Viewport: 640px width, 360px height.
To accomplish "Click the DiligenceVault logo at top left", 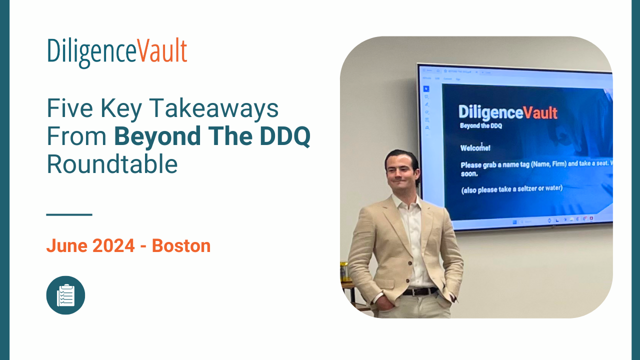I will coord(117,52).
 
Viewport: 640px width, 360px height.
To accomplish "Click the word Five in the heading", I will coord(67,107).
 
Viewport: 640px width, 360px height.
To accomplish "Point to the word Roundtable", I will coord(112,164).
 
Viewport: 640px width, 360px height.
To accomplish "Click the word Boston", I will coord(181,245).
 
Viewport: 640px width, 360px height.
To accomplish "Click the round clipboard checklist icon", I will coord(65,295).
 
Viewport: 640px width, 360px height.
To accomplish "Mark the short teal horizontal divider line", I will coord(69,214).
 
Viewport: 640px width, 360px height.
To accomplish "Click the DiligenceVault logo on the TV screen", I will coord(507,112).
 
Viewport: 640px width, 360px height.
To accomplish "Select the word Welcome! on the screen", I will coord(475,148).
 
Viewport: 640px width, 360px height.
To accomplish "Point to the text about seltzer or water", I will coord(511,188).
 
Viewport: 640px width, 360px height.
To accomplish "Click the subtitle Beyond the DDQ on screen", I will coord(481,126).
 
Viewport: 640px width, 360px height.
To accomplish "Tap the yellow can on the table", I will coord(344,271).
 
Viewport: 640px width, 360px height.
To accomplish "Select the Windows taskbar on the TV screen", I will coord(550,220).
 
